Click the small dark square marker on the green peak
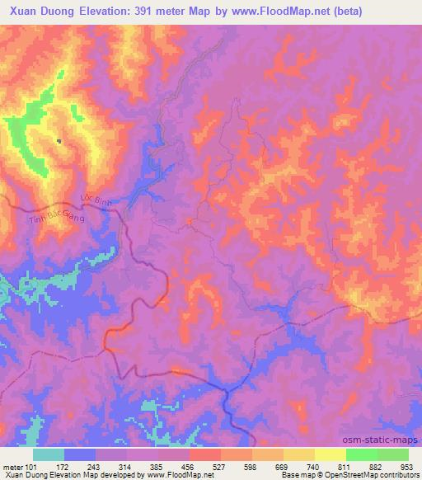point(59,141)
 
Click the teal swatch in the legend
point(49,454)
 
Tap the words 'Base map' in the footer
point(297,475)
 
